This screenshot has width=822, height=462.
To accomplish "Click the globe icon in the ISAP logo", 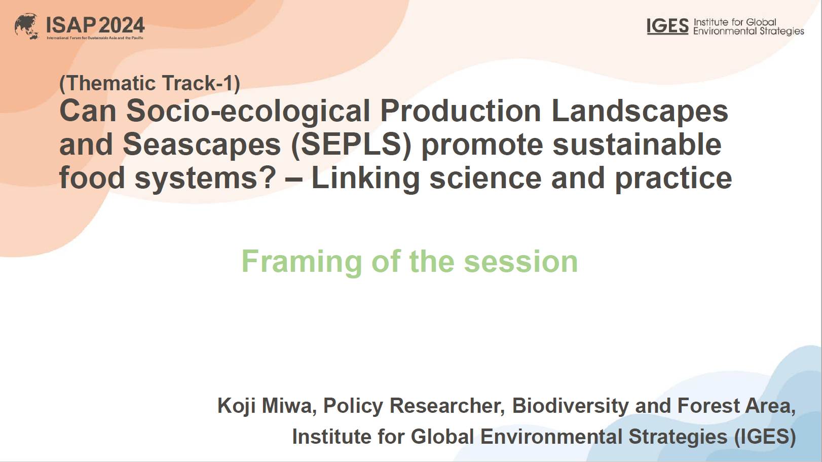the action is coord(27,26).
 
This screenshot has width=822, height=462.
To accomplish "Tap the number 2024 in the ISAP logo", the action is coord(121,25).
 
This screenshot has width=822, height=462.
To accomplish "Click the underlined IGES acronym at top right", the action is coord(667,26).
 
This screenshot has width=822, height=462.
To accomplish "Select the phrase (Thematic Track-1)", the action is coord(150,83).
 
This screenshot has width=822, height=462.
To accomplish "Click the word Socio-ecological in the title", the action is coord(248,111).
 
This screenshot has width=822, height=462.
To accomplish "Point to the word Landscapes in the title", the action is coord(640,111).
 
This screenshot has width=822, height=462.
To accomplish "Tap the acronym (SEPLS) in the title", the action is coord(351,145).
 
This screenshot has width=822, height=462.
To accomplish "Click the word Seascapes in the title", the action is coord(202,145).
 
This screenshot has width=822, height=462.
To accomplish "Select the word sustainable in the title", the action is coord(637,145).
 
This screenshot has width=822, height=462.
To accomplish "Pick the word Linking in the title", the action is coord(365,178).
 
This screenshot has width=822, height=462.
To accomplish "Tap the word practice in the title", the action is coord(674,178).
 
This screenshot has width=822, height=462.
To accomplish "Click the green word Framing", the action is coord(302,262).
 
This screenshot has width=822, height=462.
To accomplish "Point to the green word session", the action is coord(521,262).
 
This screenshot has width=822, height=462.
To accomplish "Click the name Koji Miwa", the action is coord(265,406).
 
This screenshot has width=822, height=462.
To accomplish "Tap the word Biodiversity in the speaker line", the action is coord(571,406).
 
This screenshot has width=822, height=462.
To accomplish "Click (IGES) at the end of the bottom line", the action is coord(765,437).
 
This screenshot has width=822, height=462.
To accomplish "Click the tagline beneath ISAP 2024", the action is coord(95,38).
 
